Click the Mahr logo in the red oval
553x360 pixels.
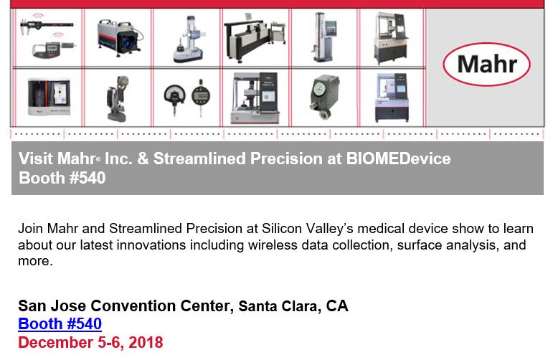coord(487,64)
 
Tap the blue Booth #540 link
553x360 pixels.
coord(60,323)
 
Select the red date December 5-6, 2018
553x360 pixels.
coord(90,342)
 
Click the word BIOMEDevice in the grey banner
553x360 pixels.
coord(399,158)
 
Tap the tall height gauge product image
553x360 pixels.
coord(325,37)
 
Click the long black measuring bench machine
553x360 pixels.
coord(255,39)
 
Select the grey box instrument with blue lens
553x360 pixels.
coord(120,38)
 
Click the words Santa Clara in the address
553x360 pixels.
coord(279,306)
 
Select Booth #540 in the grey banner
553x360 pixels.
coord(62,178)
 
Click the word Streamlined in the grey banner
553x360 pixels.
coord(199,158)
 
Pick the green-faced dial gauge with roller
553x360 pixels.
coord(324,97)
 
